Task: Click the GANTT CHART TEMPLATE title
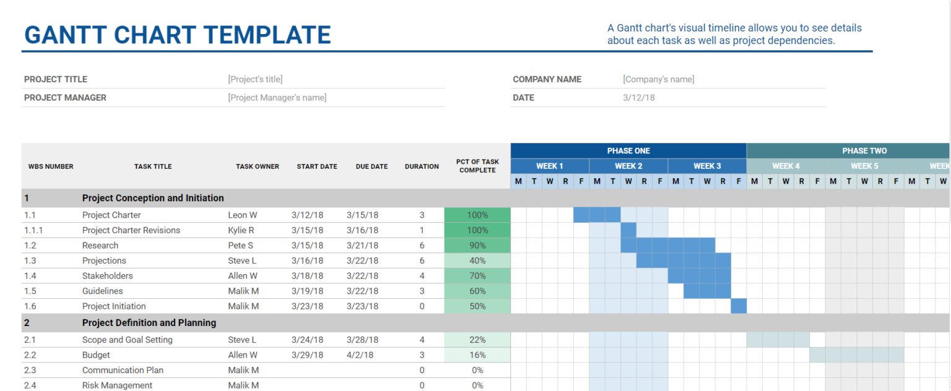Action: pos(177,35)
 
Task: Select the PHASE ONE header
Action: pos(628,151)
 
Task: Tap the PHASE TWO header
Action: pos(864,151)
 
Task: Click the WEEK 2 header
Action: pos(628,166)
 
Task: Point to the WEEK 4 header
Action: pos(786,166)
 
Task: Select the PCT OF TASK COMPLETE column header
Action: pos(477,166)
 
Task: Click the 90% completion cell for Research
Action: pos(477,246)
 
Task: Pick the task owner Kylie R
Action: pos(241,230)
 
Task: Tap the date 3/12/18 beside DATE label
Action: pos(638,98)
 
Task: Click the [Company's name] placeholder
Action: pos(658,79)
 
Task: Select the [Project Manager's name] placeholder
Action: pos(277,98)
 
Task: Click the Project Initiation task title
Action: pos(114,306)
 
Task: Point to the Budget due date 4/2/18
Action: pos(360,355)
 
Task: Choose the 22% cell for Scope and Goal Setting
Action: pos(477,340)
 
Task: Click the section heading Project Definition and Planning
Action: pos(149,323)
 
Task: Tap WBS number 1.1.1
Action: pos(33,230)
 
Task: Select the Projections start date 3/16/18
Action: pos(307,260)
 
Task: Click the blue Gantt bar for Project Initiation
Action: pos(739,306)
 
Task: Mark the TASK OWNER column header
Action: pos(258,166)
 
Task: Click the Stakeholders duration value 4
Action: pos(422,276)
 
